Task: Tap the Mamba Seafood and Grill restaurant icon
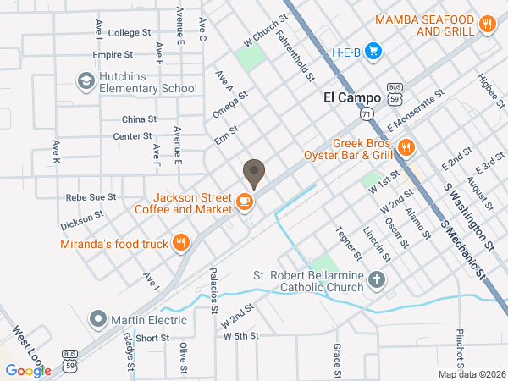pos(487,25)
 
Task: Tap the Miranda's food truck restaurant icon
pos(180,244)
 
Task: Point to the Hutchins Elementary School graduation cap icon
pos(86,80)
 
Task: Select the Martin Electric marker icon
pos(99,320)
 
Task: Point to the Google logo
pos(28,370)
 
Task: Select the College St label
pos(129,33)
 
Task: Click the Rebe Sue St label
pos(91,197)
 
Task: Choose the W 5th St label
pos(240,336)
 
